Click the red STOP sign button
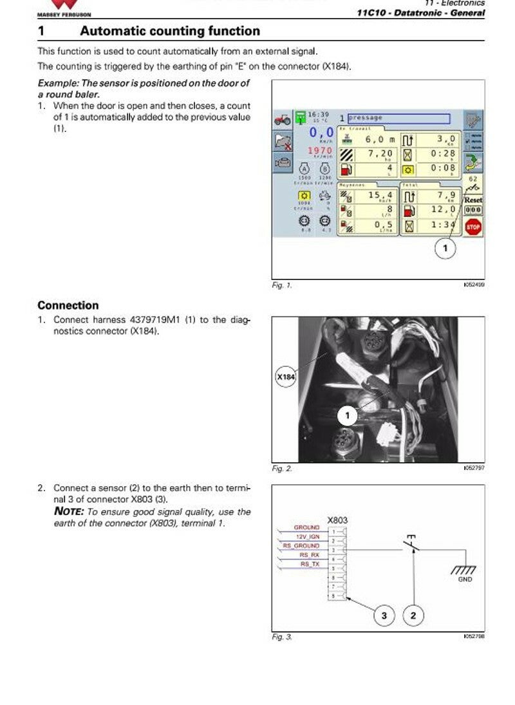click(473, 226)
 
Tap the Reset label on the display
click(473, 200)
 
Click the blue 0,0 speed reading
click(321, 133)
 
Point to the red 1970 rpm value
click(320, 151)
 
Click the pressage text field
click(398, 118)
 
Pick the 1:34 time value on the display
click(443, 225)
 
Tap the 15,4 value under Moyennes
click(380, 194)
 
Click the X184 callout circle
click(285, 377)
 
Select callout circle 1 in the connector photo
click(348, 416)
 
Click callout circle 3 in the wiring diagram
click(384, 616)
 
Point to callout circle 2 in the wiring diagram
click(413, 616)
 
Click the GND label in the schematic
click(465, 579)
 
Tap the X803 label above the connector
click(338, 520)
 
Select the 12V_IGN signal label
click(307, 536)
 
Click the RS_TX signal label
click(310, 564)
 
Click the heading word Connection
click(68, 305)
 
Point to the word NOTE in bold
click(68, 512)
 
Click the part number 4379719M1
click(155, 319)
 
